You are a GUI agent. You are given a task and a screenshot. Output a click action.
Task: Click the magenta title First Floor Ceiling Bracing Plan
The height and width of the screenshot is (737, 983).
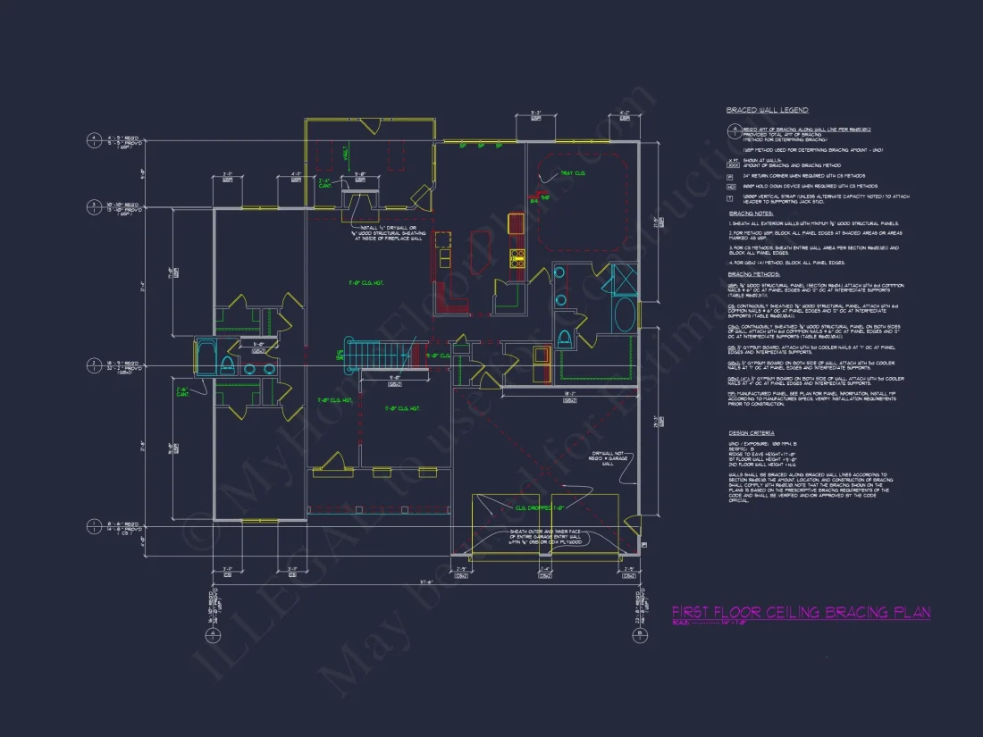pos(801,612)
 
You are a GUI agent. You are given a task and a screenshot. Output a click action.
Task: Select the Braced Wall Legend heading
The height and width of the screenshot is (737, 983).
pos(767,110)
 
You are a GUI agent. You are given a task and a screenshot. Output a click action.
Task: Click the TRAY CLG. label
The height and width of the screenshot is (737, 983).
pos(572,172)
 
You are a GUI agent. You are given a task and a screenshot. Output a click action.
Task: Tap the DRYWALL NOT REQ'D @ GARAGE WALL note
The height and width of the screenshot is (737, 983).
pos(607,458)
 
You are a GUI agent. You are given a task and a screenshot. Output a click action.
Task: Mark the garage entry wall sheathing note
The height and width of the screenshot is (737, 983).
pos(546,537)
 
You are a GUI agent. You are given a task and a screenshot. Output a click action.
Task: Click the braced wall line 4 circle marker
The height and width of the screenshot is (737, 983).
pos(92,139)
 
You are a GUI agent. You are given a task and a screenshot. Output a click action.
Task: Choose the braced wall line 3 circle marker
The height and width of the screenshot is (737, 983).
pos(92,207)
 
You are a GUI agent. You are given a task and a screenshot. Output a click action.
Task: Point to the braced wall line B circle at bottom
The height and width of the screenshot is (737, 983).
pos(640,635)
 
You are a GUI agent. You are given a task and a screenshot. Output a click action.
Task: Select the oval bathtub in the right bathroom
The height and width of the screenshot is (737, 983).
pos(625,314)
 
